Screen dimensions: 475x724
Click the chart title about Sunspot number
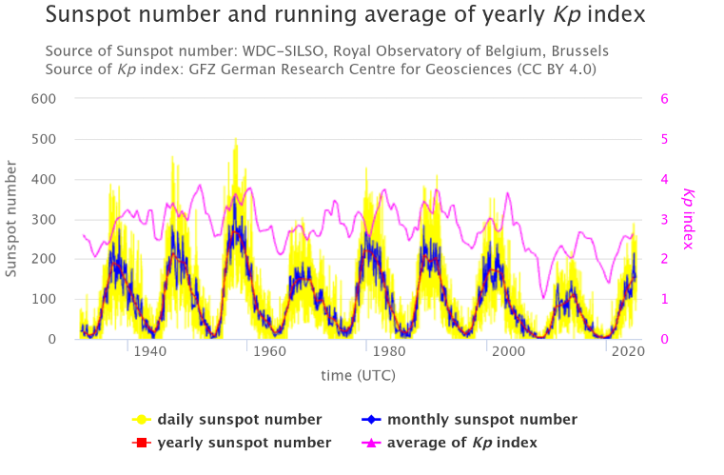coord(344,15)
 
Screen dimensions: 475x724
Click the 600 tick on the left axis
coord(44,99)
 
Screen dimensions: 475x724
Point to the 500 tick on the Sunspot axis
coord(44,139)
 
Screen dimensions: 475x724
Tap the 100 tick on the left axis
coord(44,299)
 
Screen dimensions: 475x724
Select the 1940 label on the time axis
coord(149,352)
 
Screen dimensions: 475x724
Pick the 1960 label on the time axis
coord(270,352)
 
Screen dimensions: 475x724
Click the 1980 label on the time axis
coord(388,352)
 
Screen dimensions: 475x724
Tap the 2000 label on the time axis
coord(508,352)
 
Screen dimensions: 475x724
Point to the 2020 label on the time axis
coord(627,352)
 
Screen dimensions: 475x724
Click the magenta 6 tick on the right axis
coord(665,99)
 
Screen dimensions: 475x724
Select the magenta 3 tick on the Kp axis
coord(665,219)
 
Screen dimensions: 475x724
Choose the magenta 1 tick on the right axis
coord(665,299)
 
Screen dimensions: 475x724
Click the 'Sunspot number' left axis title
coord(12,219)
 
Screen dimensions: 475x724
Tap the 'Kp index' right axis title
coord(689,219)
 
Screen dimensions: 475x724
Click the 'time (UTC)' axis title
coord(358,375)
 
